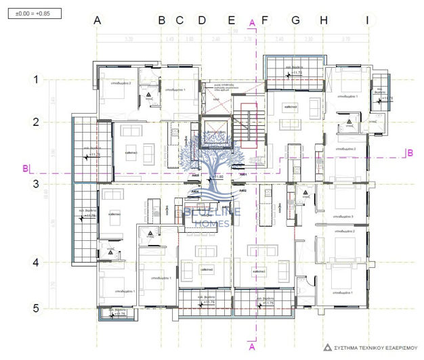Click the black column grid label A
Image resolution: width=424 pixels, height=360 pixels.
pos(97,20)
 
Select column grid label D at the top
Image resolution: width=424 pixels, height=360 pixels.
pos(201,20)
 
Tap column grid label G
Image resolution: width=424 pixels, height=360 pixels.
pos(295,20)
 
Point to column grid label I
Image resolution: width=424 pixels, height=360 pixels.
pos(367,20)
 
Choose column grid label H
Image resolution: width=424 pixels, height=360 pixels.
pos(323,20)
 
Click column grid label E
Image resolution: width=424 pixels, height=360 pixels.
pos(232,20)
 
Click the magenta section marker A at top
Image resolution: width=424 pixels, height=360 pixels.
pos(252,22)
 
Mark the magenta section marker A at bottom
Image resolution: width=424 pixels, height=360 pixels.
pos(252,346)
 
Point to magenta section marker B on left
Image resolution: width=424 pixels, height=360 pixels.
pos(25,167)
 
